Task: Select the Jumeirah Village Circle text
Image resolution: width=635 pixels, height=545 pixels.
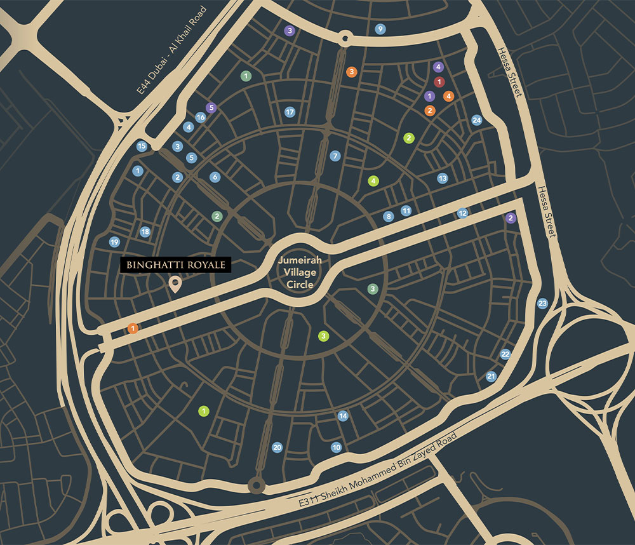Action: tap(300, 271)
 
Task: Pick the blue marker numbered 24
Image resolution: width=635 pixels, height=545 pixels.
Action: tap(477, 120)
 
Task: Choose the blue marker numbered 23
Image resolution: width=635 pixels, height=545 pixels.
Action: tap(542, 304)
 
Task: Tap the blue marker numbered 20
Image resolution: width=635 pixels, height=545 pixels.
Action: tap(277, 447)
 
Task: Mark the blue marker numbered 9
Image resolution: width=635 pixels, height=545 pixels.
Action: tap(380, 29)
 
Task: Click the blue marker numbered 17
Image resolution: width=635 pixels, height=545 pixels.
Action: tap(290, 112)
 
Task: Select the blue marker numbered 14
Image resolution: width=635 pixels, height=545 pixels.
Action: tap(343, 416)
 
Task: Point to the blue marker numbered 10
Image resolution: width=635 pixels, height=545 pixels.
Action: tap(337, 447)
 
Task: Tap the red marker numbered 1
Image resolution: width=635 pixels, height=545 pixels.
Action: tap(438, 81)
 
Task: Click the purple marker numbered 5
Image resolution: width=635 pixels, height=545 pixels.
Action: tap(211, 108)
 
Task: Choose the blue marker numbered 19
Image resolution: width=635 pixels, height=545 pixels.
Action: tap(114, 242)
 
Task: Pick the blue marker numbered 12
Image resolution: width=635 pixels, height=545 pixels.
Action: tap(463, 213)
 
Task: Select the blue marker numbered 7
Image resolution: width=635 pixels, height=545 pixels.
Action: tap(335, 156)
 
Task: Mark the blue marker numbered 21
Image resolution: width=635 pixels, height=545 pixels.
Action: tap(491, 377)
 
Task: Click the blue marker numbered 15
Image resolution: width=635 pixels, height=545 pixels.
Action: tap(142, 146)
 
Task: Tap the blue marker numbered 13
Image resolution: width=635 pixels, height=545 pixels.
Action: tap(443, 178)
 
